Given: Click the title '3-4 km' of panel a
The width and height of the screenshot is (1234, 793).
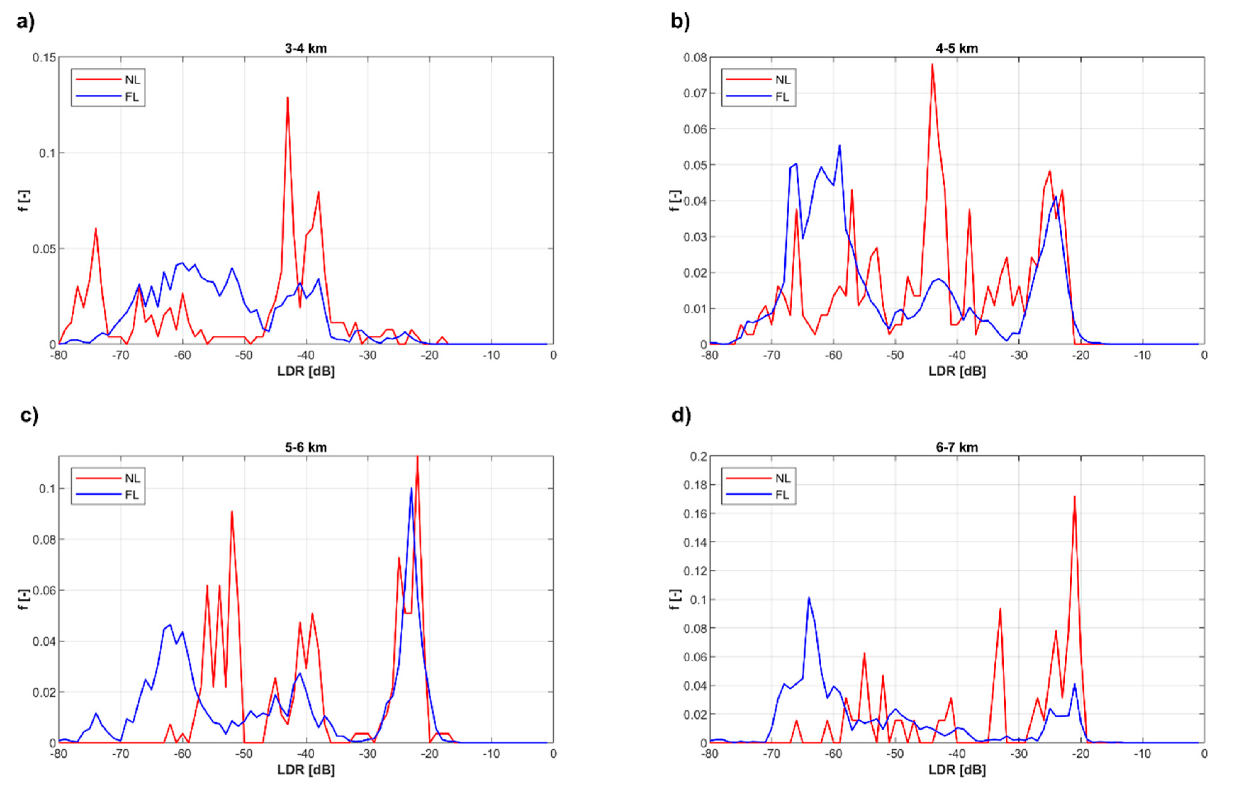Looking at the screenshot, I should point(306,49).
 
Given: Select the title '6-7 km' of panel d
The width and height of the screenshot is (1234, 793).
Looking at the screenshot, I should point(956,447).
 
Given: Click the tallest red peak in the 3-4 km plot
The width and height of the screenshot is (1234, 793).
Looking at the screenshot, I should point(287,98).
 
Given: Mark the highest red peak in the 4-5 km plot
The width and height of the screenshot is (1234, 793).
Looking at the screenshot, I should point(932,65).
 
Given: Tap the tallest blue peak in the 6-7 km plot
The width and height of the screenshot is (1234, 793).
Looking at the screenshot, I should point(809,598).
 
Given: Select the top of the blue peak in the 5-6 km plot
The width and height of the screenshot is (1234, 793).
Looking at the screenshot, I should point(411,488).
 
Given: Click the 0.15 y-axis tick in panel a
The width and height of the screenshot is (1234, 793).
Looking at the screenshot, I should point(44,57).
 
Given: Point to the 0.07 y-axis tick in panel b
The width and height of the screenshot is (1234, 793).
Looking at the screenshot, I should point(695,93).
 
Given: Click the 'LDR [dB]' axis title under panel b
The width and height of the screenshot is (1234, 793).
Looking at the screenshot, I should point(956,371).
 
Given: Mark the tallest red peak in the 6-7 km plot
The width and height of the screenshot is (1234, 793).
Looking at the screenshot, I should point(1074,497).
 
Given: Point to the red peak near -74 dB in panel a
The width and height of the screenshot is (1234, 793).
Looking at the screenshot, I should point(96,229).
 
